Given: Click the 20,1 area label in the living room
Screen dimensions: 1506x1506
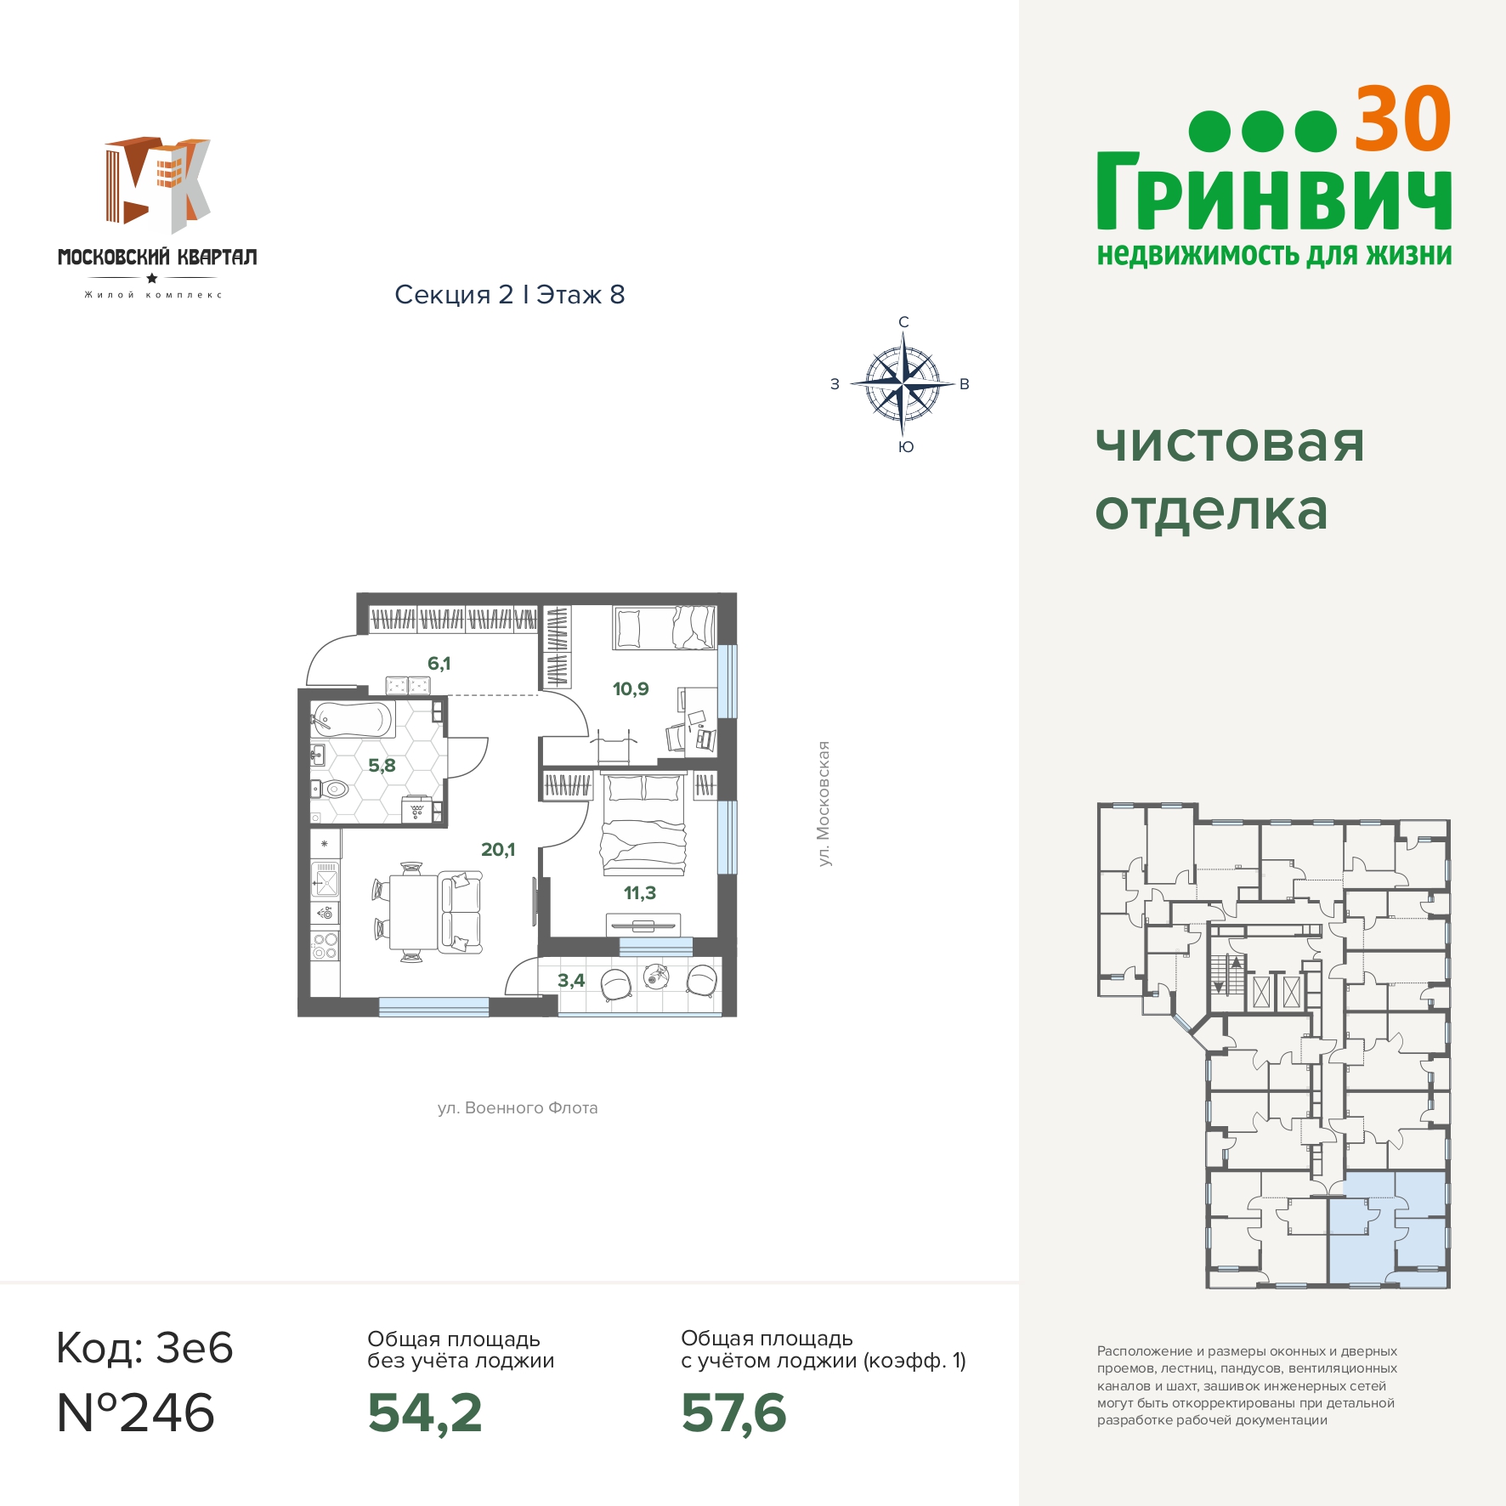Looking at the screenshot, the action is pos(498,849).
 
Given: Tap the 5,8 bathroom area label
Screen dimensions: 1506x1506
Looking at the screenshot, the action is pos(382,765).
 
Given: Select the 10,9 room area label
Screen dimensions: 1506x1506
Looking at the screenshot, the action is pos(631,688).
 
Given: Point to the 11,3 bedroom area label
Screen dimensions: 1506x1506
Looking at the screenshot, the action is pos(640,892).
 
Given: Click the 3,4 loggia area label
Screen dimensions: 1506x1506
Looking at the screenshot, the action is pos(571,980).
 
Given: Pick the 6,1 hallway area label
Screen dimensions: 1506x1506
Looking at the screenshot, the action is pos(439,663).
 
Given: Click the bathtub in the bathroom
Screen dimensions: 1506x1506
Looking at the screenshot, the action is pos(353,719).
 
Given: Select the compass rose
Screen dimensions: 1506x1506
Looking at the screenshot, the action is pos(903,384).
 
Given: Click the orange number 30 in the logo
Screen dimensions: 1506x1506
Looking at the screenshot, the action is pos(1402,120).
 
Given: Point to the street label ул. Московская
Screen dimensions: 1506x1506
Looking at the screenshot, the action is pos(823,804).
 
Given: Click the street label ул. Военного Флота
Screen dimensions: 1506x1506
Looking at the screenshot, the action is pos(518,1107).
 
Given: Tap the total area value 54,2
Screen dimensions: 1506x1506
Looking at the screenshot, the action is pos(425,1413).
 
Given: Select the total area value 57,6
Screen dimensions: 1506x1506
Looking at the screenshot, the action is pos(734,1413).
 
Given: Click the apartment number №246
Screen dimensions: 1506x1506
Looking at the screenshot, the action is pos(136,1413).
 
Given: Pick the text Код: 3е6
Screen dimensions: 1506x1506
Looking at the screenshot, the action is pos(144,1348).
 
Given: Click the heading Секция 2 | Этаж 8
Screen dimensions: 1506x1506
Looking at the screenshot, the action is pos(510,294).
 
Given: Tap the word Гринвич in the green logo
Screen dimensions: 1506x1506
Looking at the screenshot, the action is pos(1274,191).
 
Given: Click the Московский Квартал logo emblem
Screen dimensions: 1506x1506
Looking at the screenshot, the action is pos(158,184).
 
